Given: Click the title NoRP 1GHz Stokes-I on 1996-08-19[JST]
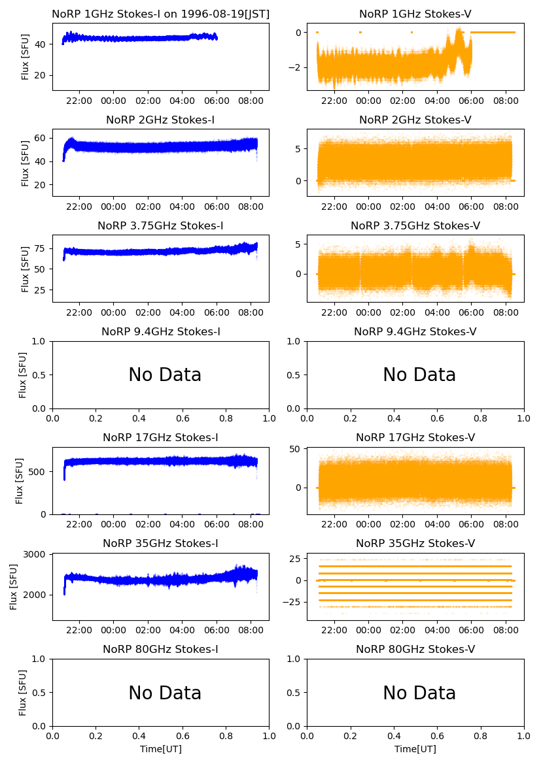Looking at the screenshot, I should [x=160, y=14].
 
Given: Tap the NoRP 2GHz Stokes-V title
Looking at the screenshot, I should [x=415, y=120].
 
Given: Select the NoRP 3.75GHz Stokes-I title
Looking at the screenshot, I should [x=160, y=226].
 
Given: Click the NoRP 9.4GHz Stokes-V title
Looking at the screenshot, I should [x=415, y=332].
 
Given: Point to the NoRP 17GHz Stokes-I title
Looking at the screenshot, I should [x=160, y=438].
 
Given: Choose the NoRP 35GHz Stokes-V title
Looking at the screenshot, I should [x=415, y=544].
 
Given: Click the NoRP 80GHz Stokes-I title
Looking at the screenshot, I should [x=160, y=650].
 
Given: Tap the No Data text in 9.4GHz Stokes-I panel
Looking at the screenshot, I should [x=165, y=375].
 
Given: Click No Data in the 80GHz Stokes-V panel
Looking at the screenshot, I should [x=419, y=693].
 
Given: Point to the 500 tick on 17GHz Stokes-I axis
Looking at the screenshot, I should [x=38, y=472].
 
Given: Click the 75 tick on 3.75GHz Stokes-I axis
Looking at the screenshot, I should [x=41, y=249].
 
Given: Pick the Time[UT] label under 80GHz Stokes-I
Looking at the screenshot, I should [x=160, y=749].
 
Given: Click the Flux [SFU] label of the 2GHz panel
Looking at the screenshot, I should [x=25, y=163].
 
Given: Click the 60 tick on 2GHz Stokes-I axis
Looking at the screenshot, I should [x=41, y=138].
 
